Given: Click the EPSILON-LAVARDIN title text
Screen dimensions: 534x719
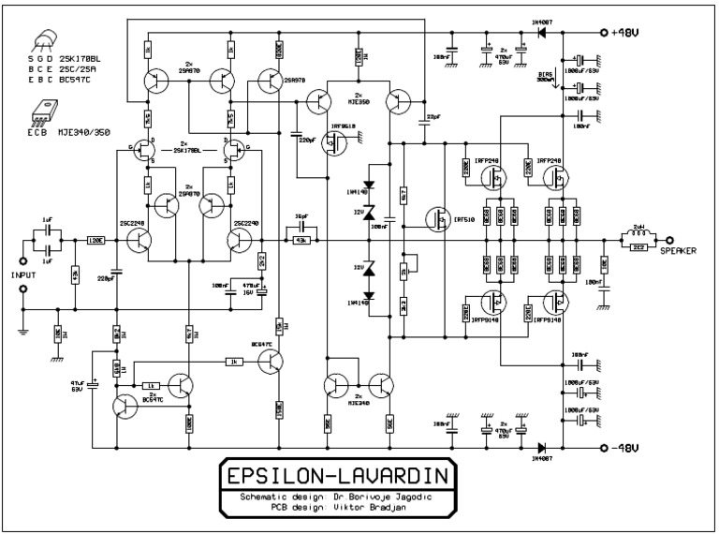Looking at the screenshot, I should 337,476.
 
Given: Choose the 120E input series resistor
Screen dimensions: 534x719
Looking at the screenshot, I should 95,241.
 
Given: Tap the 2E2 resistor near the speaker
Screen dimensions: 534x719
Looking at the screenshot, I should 639,247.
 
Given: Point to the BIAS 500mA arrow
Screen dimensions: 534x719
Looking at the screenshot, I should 558,80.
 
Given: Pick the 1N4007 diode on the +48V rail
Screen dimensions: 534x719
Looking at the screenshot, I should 541,31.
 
